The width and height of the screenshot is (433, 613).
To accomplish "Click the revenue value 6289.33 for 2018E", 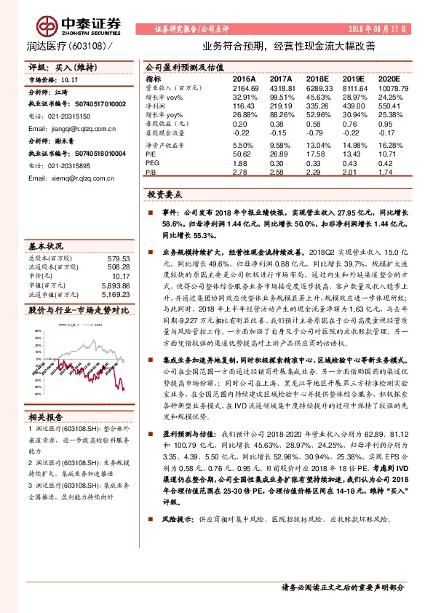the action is [x=317, y=87].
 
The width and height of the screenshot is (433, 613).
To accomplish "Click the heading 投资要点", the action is [x=163, y=195].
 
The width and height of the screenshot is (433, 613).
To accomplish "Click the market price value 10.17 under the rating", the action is [x=70, y=82].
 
